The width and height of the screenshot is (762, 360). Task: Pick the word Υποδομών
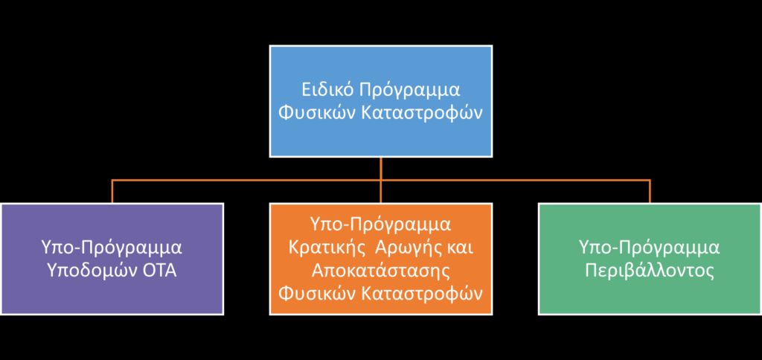(x=90, y=271)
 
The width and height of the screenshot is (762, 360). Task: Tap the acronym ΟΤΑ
(x=158, y=271)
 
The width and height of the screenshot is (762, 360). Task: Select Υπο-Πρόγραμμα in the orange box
(x=380, y=226)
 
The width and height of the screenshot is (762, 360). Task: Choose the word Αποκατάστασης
(x=381, y=271)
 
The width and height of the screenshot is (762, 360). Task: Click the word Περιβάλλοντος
(x=650, y=271)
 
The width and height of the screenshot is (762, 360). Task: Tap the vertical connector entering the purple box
(x=112, y=191)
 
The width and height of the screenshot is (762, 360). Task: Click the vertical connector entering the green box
(x=650, y=191)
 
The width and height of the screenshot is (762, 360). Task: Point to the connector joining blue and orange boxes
(x=381, y=180)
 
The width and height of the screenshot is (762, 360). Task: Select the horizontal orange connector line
(x=381, y=180)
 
